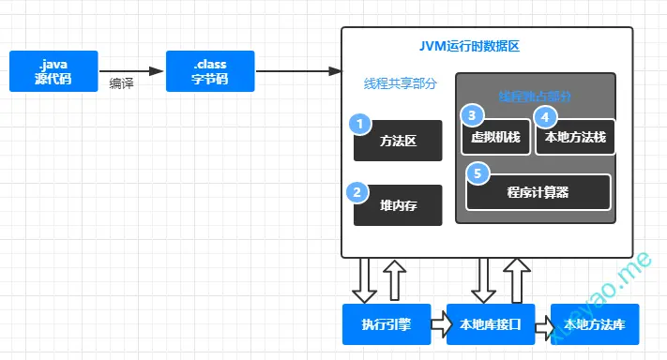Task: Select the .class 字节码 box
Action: tap(210, 71)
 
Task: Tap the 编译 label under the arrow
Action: tap(121, 82)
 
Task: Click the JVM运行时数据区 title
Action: tap(485, 47)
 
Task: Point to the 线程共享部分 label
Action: tap(401, 83)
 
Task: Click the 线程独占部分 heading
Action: tap(535, 96)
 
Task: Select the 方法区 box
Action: tap(398, 142)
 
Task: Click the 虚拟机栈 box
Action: tap(495, 138)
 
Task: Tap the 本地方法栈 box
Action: tap(575, 138)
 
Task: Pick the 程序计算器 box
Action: tap(538, 193)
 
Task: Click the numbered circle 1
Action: tap(357, 124)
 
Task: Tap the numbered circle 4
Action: tap(543, 116)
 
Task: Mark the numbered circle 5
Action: tap(477, 173)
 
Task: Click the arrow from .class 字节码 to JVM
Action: tap(296, 71)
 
